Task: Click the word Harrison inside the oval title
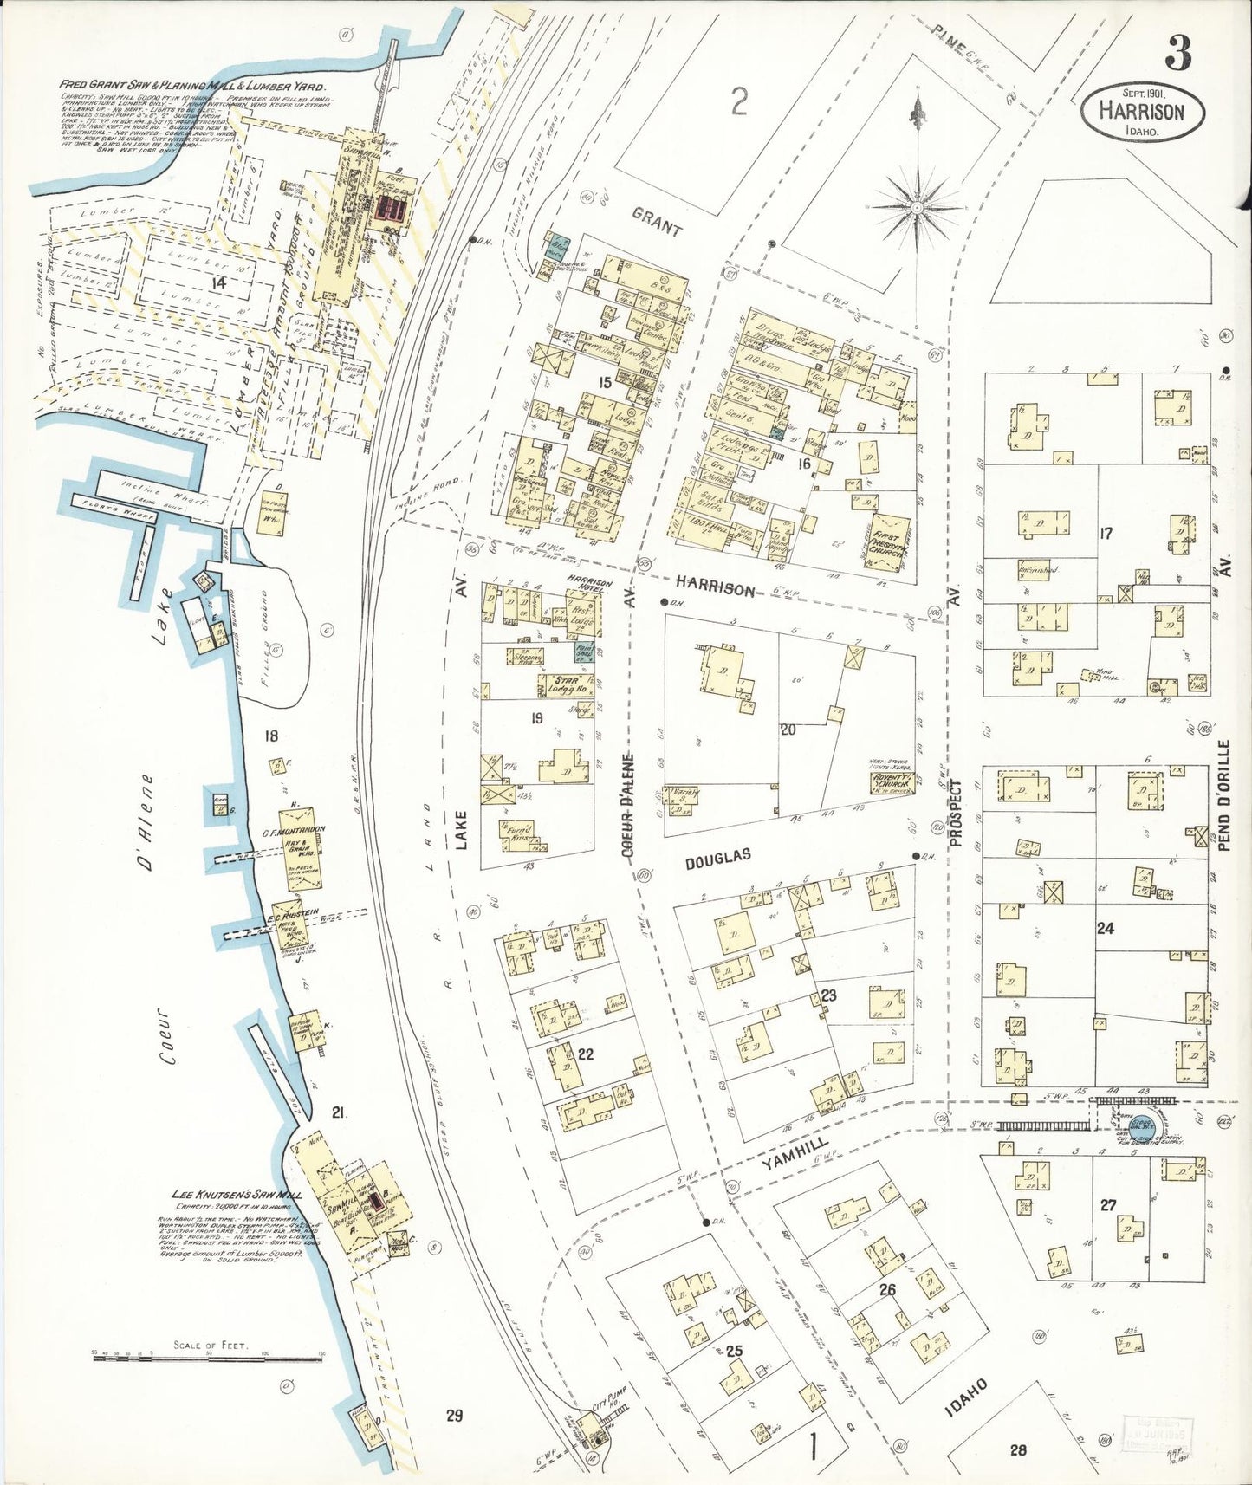tap(1141, 111)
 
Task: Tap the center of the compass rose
tap(917, 207)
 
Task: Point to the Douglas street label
tap(717, 858)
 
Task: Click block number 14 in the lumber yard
tap(217, 282)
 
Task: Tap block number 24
tap(1105, 928)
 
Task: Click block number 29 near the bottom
tap(454, 1416)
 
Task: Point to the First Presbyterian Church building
tap(887, 543)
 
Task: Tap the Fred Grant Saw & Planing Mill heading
tap(192, 87)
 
